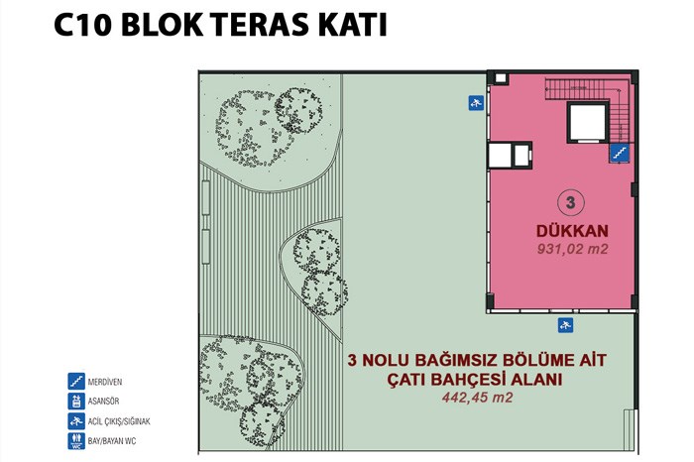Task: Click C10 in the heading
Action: (x=82, y=25)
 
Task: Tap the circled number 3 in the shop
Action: (x=570, y=202)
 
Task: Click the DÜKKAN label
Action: (x=572, y=231)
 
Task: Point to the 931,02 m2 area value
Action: (x=573, y=249)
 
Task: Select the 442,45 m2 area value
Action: (x=477, y=398)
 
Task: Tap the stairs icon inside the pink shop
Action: (x=620, y=153)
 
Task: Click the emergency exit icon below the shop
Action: (x=565, y=326)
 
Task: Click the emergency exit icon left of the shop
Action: (x=476, y=103)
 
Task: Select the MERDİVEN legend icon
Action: (x=76, y=382)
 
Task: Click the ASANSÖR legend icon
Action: (x=76, y=402)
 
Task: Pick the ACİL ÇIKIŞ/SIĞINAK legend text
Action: (x=119, y=421)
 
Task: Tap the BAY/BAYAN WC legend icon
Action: (x=76, y=441)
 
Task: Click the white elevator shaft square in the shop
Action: (x=588, y=123)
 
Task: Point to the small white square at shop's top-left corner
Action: (x=500, y=78)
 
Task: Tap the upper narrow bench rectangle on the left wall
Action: (x=206, y=198)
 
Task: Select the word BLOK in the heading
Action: (x=162, y=25)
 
